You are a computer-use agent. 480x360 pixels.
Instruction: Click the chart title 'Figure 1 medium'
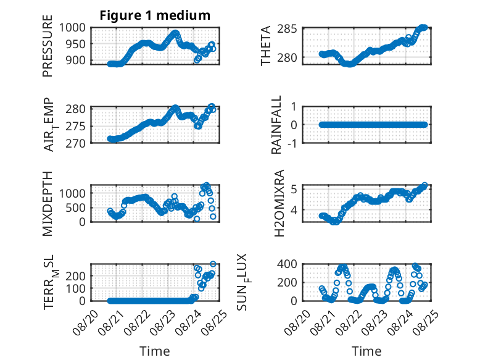pos(155,15)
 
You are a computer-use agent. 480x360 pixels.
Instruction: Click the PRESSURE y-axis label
pos(48,46)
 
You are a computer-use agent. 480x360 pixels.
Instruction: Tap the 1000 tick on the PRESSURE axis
pos(72,28)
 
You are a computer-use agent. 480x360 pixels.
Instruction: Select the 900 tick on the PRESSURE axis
pos(75,61)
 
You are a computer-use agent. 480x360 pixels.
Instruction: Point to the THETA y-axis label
pos(266,46)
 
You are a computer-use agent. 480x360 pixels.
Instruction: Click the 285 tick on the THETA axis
pos(287,29)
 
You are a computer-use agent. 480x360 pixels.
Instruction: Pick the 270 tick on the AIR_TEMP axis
pos(76,143)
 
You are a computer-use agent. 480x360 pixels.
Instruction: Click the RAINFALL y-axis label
pos(276,125)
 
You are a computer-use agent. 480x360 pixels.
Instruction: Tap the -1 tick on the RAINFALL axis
pos(292,143)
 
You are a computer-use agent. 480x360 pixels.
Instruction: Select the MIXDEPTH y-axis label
pos(48,203)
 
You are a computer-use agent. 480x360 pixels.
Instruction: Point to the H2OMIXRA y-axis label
pos(279,203)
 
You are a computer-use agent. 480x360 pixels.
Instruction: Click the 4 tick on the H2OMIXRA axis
pos(294,210)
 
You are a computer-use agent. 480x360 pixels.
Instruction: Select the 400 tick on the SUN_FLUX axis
pos(287,264)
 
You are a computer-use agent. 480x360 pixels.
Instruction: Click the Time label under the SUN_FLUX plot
pos(366,351)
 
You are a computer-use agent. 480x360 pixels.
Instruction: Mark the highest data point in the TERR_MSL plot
pos(213,264)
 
